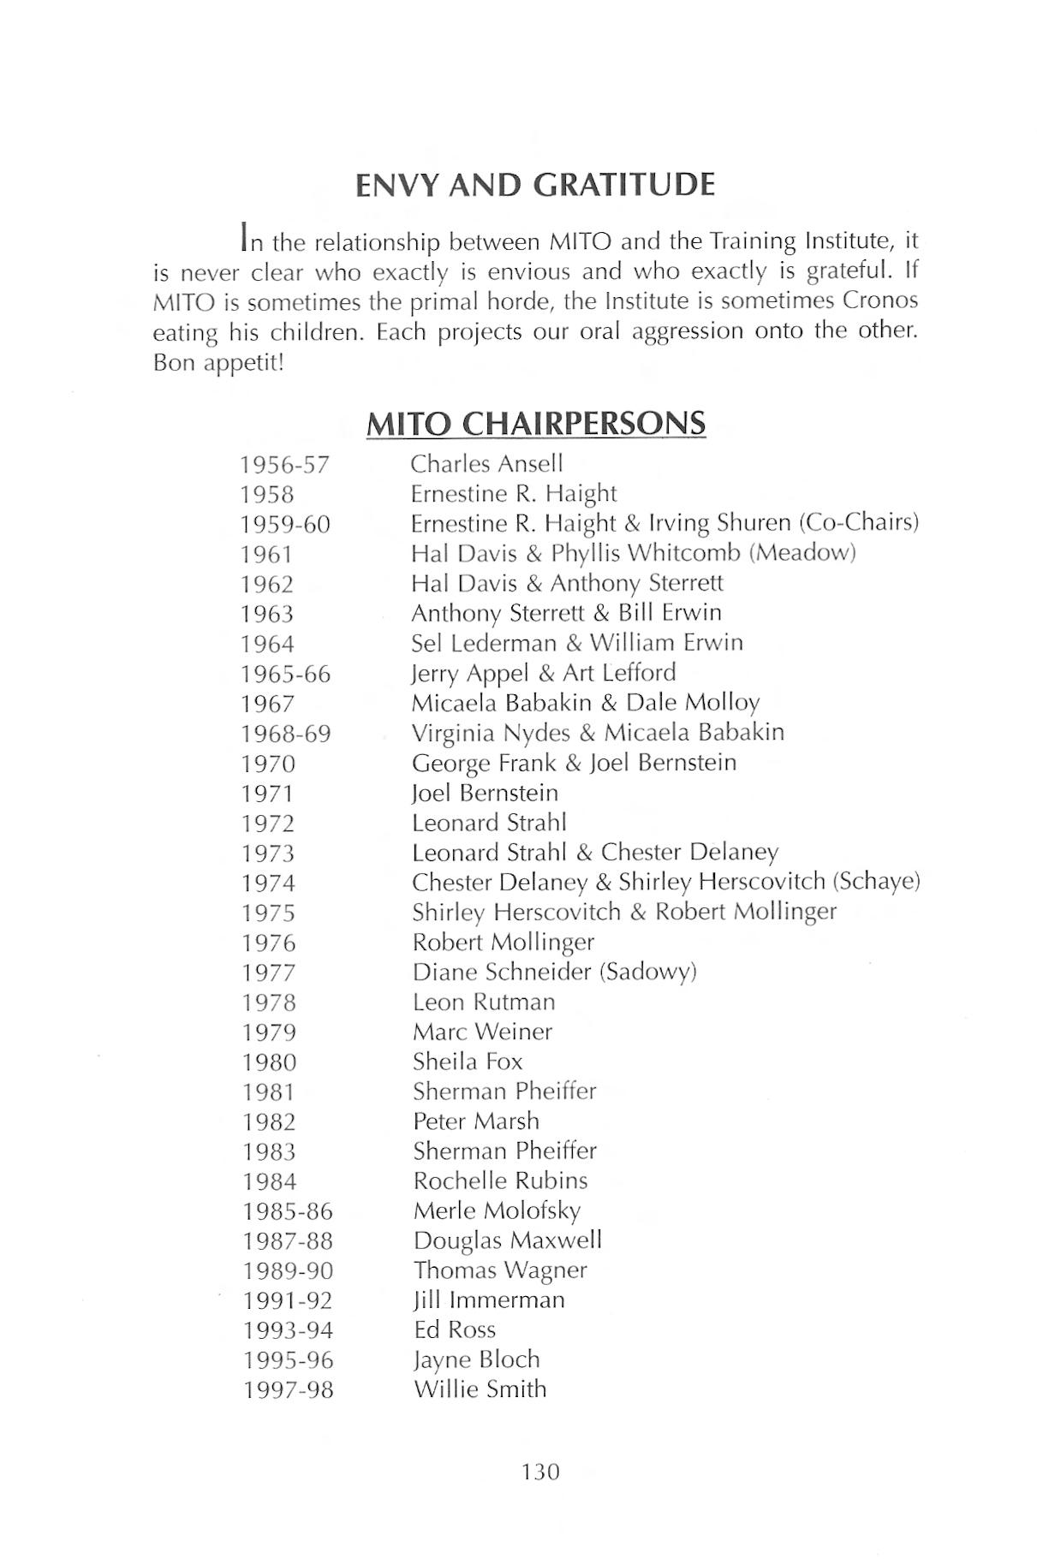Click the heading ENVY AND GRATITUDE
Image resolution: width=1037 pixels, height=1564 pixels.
(x=535, y=185)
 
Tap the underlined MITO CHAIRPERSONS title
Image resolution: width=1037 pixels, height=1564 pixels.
(x=535, y=424)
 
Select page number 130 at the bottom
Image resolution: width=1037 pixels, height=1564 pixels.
(x=539, y=1472)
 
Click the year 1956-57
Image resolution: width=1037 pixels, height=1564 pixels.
(x=284, y=465)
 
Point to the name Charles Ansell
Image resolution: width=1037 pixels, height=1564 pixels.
(x=486, y=464)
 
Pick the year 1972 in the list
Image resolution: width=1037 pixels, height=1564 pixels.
(x=267, y=824)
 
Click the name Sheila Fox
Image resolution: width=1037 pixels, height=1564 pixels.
(x=468, y=1061)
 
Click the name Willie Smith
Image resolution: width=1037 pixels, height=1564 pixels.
(x=480, y=1389)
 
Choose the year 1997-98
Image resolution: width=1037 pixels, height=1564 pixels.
(x=288, y=1390)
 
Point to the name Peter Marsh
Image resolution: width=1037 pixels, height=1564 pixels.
(x=476, y=1121)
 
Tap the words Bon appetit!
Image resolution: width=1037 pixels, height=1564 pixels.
(x=218, y=362)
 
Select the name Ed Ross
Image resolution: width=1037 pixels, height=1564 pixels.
(x=454, y=1329)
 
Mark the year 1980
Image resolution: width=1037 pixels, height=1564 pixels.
(x=269, y=1062)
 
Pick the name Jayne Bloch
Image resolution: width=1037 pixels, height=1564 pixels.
(x=476, y=1359)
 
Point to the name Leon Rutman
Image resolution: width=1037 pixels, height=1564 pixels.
(x=484, y=1002)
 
